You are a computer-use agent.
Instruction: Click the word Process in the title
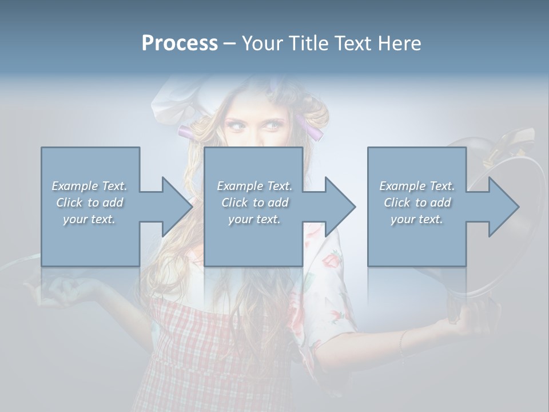180,43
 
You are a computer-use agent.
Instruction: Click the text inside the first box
89,203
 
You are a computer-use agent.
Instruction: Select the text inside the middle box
254,203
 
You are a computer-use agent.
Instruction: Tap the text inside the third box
417,203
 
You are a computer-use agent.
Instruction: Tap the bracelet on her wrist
402,342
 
